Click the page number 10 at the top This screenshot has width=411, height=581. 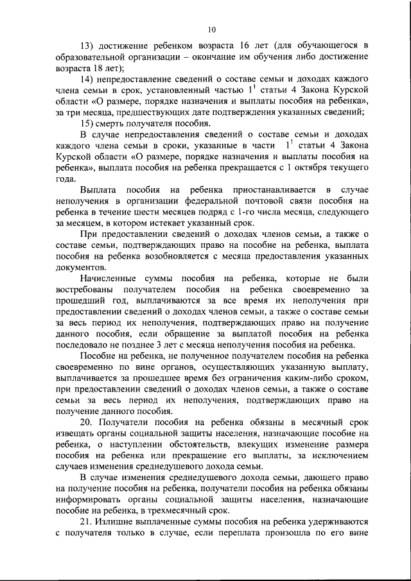pos(212,28)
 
